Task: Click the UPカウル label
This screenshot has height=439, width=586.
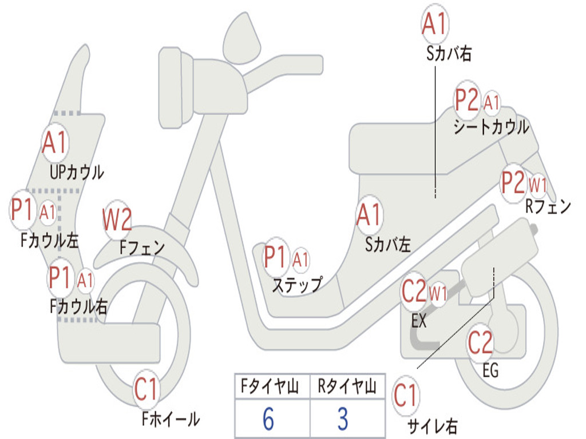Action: coord(77,171)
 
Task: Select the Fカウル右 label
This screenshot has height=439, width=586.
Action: coord(78,306)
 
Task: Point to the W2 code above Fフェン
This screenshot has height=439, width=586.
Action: coord(117,220)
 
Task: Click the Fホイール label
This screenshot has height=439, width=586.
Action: coord(171,419)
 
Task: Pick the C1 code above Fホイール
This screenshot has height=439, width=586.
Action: coord(146,390)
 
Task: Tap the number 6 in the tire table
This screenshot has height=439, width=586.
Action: coord(268,419)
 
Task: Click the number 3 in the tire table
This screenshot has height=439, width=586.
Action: coord(342,419)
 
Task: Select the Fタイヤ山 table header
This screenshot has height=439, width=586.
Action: coord(268,388)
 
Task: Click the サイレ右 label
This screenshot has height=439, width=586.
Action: coord(432,425)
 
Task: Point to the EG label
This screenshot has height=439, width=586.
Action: coord(490,370)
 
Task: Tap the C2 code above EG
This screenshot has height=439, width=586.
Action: coord(481,343)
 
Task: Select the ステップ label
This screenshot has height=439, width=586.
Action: coord(296,284)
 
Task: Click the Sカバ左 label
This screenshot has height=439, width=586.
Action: coord(387,245)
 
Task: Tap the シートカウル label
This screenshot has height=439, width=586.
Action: coord(491,127)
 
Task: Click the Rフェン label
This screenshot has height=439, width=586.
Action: coord(548,207)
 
